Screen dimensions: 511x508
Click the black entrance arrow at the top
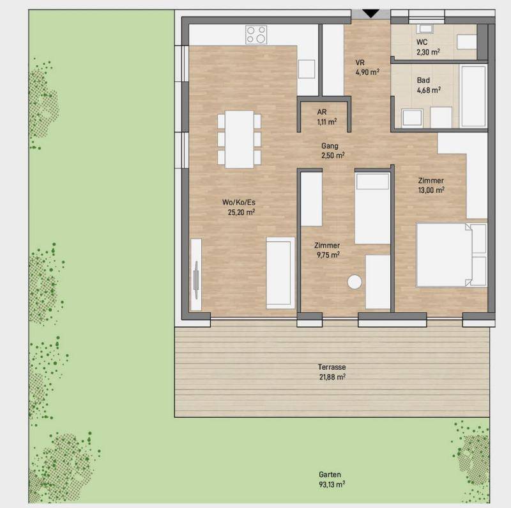(371, 13)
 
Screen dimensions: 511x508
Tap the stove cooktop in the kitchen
(256, 35)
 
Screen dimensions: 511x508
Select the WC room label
(422, 42)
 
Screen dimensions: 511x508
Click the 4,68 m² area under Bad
(429, 90)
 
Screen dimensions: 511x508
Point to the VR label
(360, 62)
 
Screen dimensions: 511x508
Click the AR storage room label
(322, 112)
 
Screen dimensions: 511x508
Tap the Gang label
(330, 146)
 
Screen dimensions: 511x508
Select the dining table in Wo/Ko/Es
(239, 139)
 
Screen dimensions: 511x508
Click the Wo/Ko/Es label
(238, 202)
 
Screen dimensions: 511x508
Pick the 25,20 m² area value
(241, 212)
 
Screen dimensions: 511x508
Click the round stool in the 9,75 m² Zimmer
(355, 282)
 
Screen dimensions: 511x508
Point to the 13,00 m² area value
(431, 190)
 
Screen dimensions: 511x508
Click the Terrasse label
(332, 367)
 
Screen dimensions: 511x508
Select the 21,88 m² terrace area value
(332, 377)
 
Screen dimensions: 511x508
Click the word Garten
(330, 474)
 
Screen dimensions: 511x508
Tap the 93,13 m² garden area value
(332, 484)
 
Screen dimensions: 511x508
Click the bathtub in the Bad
(473, 97)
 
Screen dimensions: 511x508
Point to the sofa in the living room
(280, 273)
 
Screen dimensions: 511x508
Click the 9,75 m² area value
(328, 255)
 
